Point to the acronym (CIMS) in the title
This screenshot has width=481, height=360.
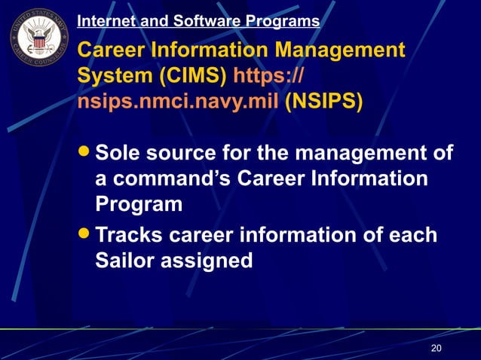pyautogui.click(x=192, y=76)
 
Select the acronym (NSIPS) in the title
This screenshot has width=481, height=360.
pyautogui.click(x=324, y=101)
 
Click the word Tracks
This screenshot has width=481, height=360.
pyautogui.click(x=133, y=234)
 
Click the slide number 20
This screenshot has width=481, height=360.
pyautogui.click(x=436, y=348)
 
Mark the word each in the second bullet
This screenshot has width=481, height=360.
pyautogui.click(x=413, y=234)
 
